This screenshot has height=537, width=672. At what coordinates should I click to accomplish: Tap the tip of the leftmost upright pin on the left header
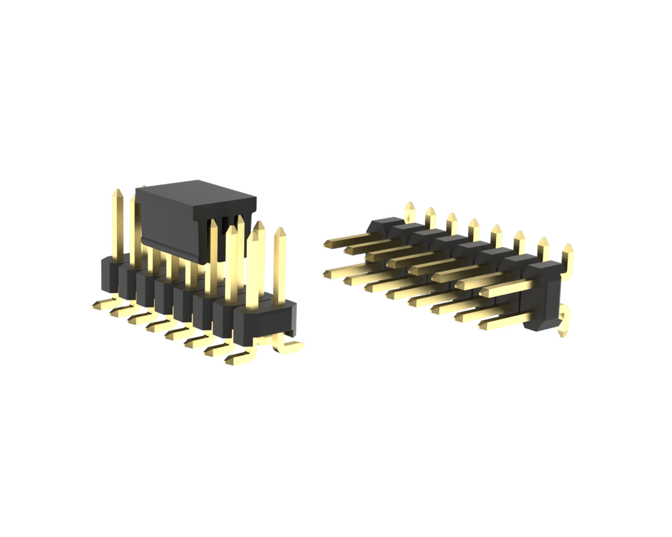(x=117, y=193)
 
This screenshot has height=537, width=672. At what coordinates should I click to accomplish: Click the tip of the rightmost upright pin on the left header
(x=280, y=231)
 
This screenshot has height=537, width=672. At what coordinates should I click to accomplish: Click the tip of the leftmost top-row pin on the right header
(x=327, y=245)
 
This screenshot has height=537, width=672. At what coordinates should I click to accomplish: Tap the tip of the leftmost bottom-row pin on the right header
(x=325, y=273)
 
